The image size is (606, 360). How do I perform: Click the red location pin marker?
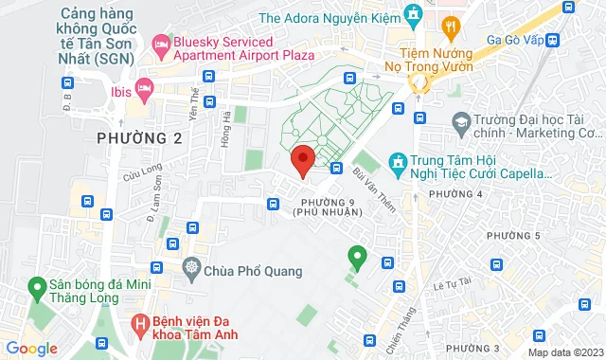pos(302,162)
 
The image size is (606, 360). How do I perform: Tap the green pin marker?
pos(357,256)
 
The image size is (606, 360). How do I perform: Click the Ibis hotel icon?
pos(145,90)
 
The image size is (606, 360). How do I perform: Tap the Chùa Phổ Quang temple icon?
pos(194,271)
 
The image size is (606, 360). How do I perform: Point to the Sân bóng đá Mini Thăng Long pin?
pos(38,285)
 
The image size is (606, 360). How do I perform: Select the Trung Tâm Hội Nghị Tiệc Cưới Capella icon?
pos(398,164)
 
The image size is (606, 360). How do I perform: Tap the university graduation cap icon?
pos(461,122)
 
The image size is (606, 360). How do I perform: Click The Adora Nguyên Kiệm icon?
pos(412,15)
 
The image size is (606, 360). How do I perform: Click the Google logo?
pos(32,349)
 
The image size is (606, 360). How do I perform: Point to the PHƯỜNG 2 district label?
pos(139,138)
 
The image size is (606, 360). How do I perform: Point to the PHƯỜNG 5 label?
pos(513,235)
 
